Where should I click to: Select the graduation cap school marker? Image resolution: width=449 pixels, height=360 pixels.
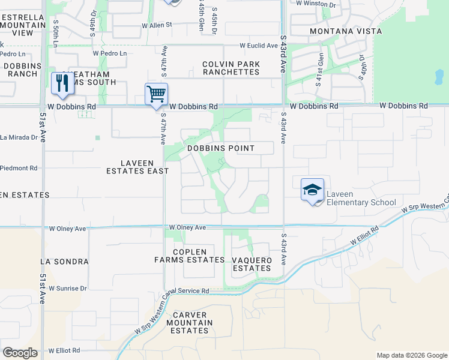312,190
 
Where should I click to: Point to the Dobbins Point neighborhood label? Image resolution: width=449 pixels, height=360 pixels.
220,148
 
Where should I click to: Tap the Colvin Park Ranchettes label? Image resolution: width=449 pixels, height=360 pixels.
231,68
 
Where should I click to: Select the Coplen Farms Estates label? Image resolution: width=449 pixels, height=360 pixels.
189,256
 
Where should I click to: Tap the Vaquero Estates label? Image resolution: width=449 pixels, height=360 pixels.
252,264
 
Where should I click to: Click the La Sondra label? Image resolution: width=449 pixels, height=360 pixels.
64,262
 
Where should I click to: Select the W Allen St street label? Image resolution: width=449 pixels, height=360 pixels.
157,25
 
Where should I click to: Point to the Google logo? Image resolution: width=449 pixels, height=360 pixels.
20,353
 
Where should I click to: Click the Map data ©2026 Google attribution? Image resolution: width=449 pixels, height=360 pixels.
412,355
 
